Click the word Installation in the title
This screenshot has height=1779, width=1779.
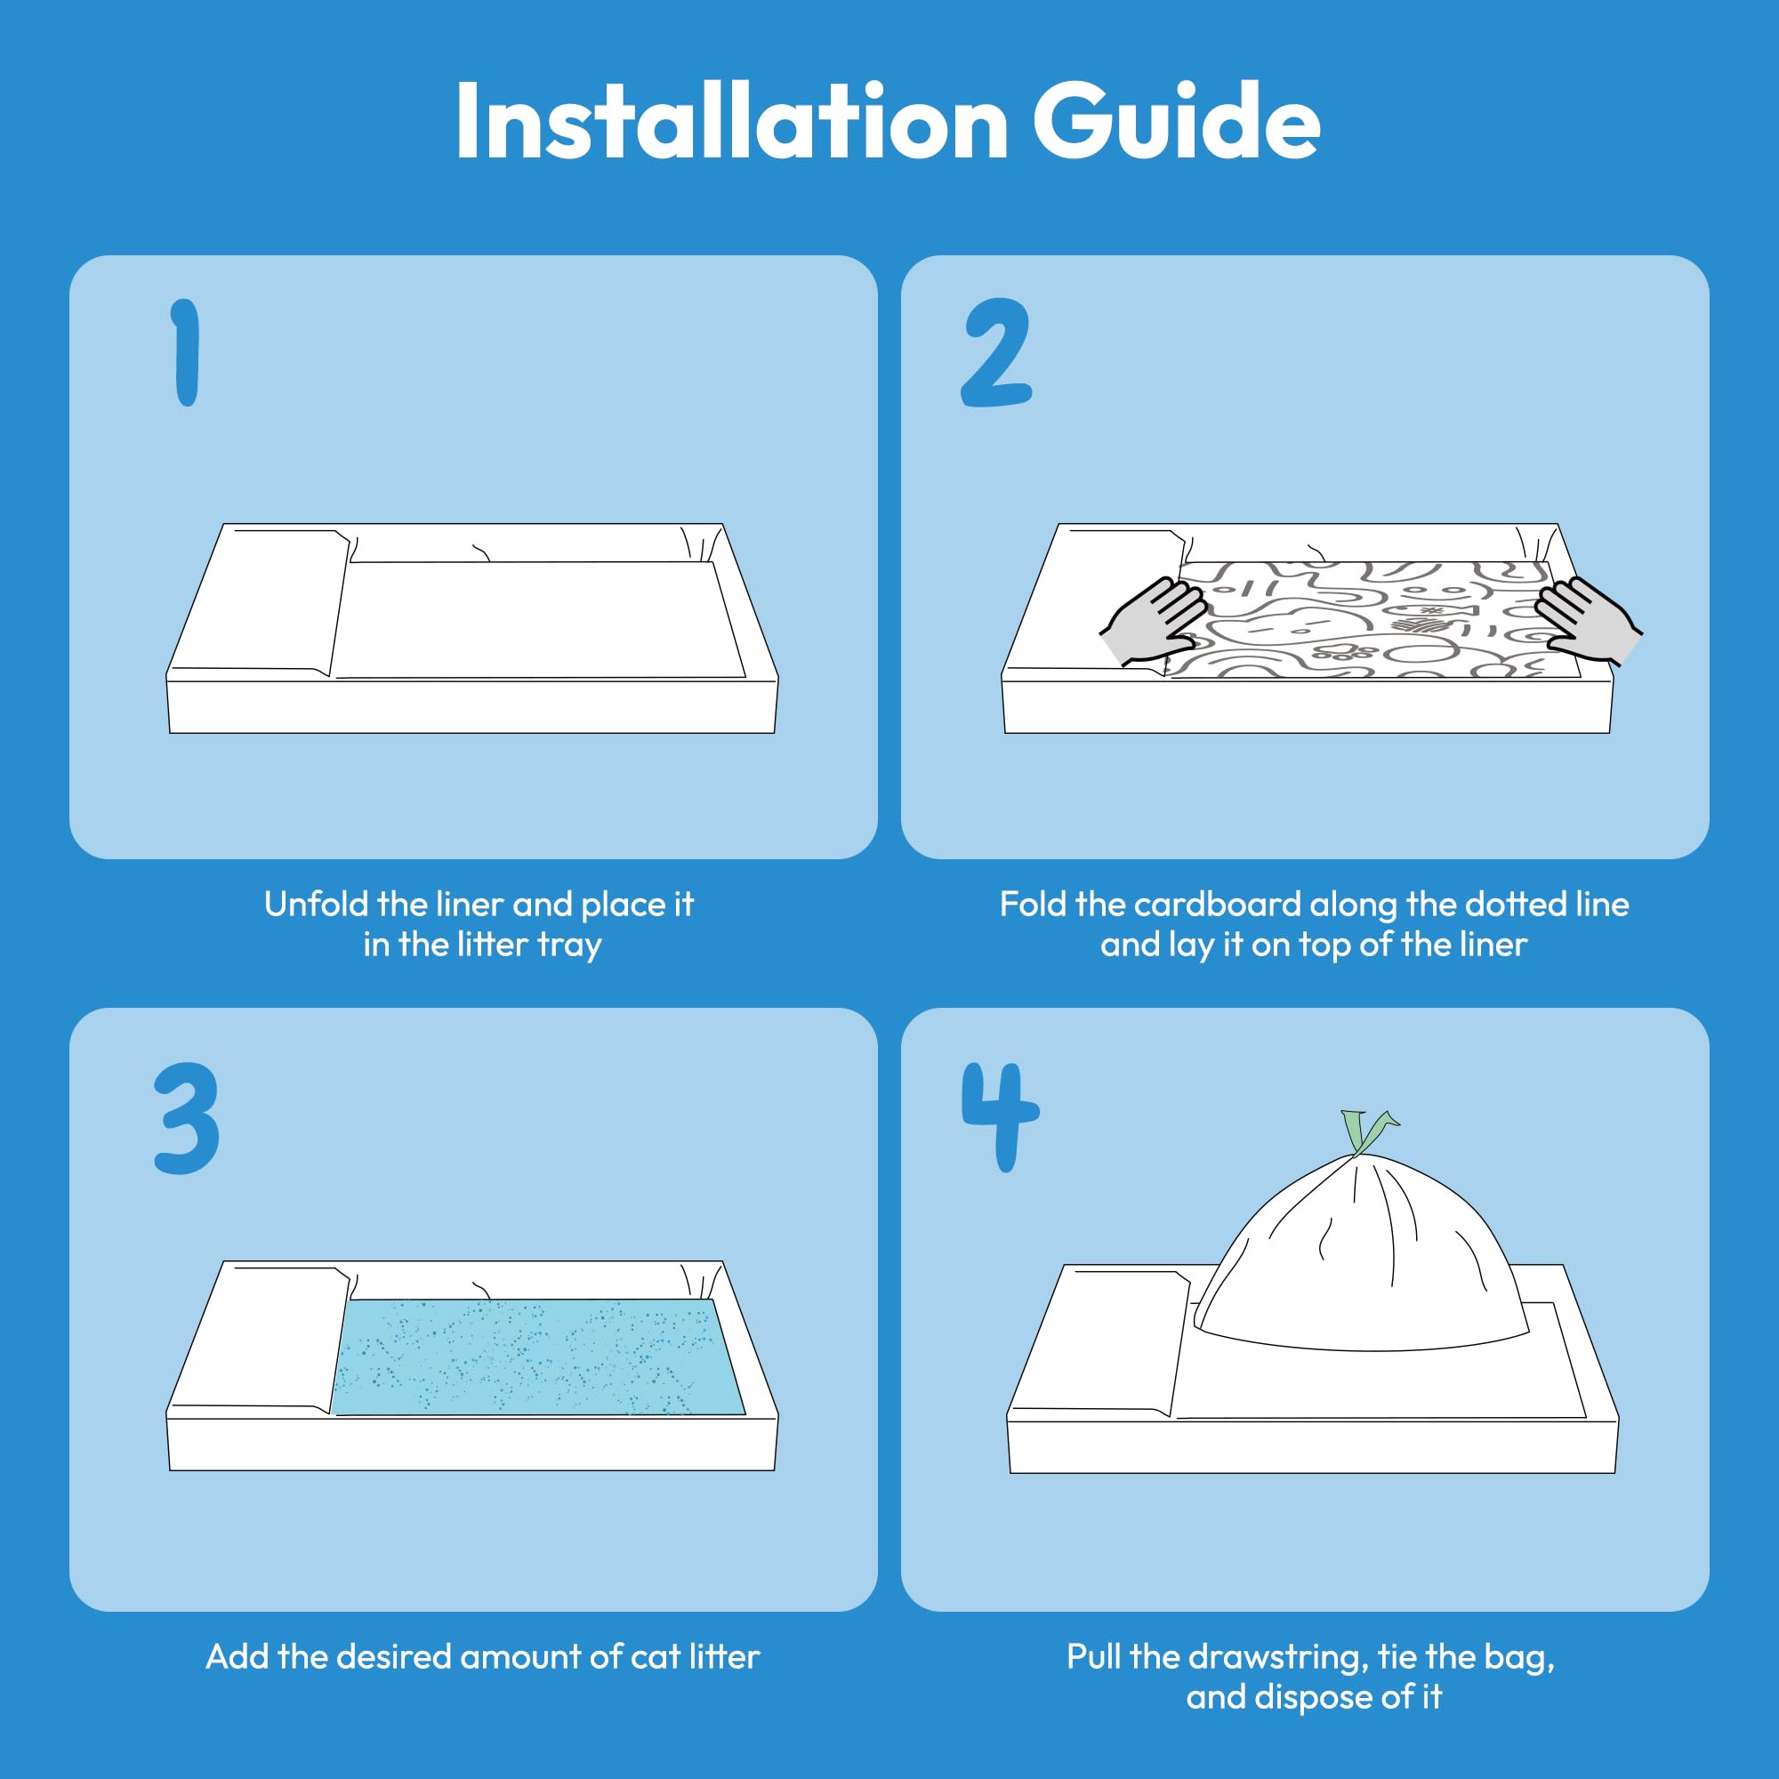click(732, 122)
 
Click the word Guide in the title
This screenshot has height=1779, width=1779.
click(1177, 122)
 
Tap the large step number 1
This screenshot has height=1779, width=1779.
click(186, 351)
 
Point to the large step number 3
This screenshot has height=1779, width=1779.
click(186, 1119)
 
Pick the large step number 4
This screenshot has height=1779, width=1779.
click(1000, 1117)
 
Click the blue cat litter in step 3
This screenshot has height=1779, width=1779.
click(539, 1356)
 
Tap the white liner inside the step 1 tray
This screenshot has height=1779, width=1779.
click(539, 619)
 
